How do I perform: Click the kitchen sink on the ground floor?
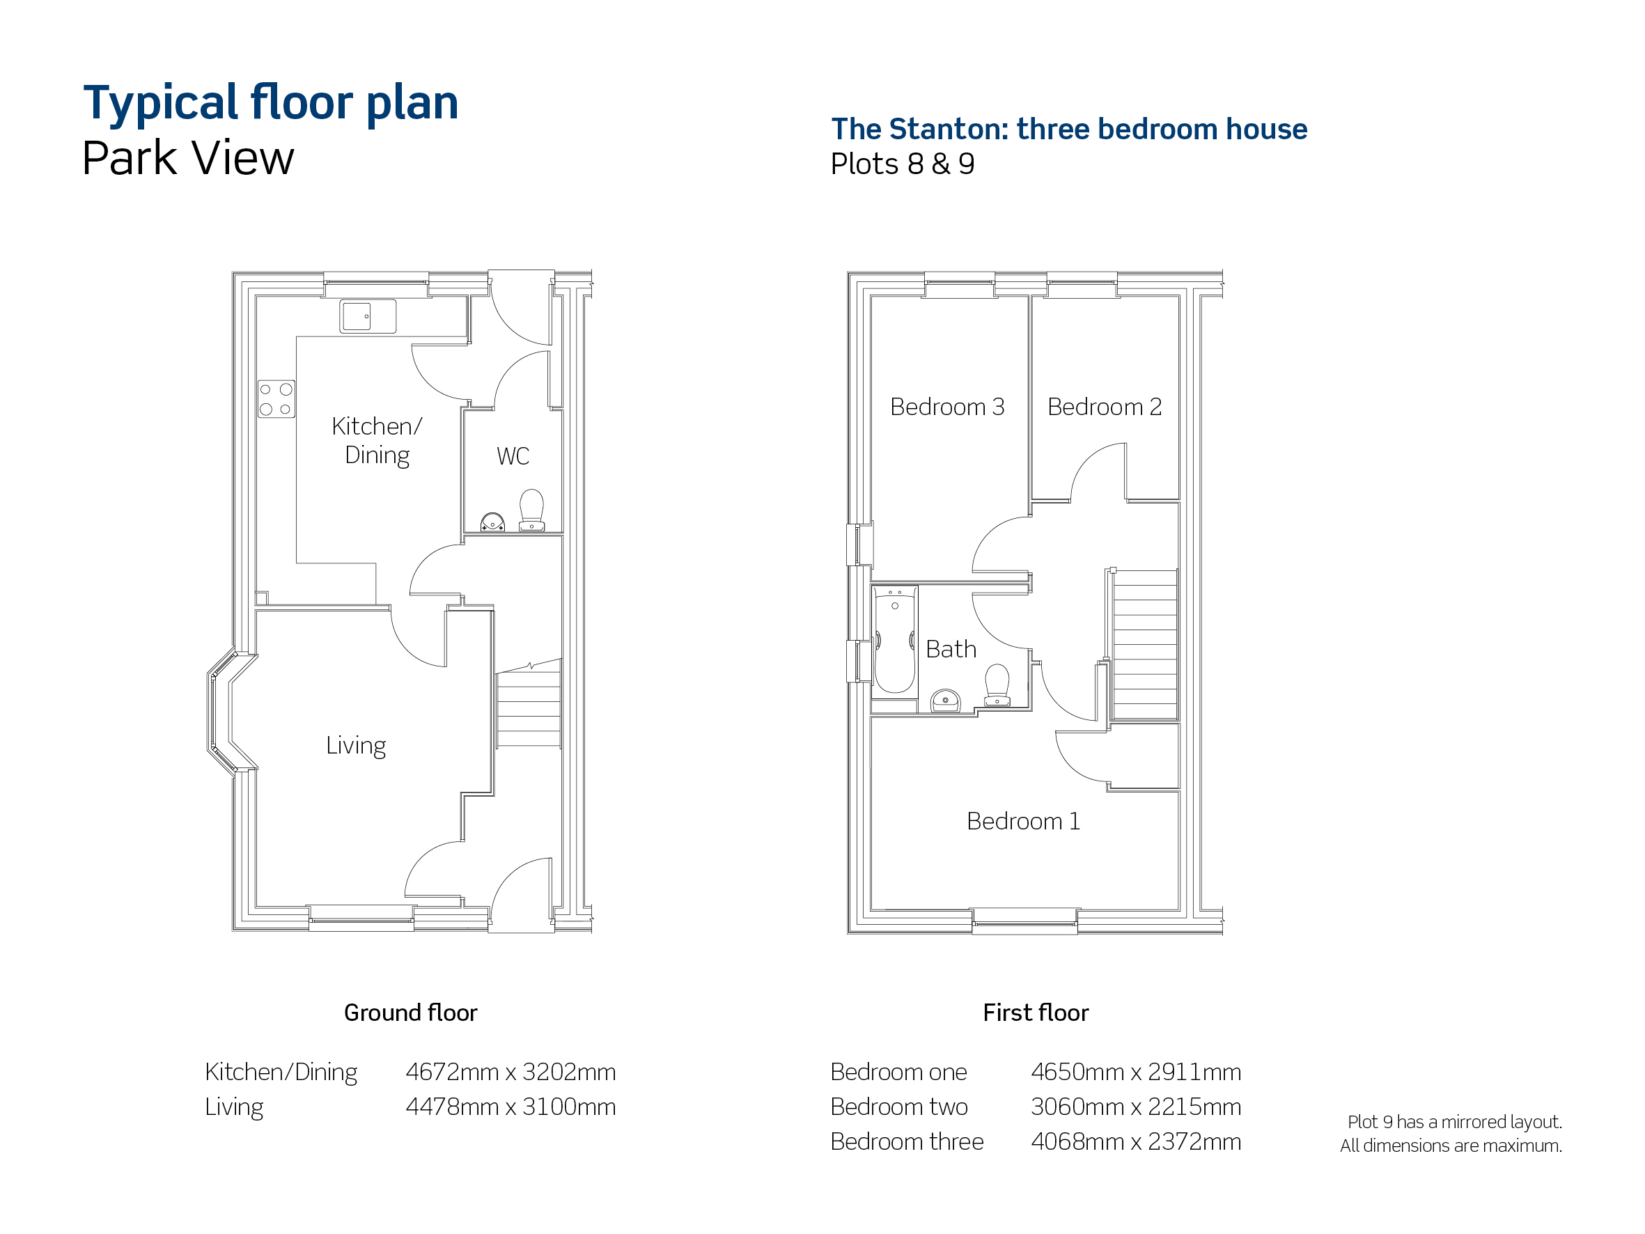(x=367, y=316)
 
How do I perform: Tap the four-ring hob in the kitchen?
(x=276, y=399)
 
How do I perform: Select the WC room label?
(x=513, y=456)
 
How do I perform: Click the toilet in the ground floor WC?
(x=531, y=510)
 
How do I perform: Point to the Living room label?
(x=355, y=745)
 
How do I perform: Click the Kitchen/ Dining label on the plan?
(x=377, y=441)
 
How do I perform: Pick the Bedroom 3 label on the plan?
(x=946, y=407)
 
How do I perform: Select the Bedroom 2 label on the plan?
(x=1105, y=407)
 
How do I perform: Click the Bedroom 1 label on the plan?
(x=1023, y=821)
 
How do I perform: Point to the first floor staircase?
(x=1144, y=644)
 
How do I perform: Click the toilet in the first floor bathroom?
(x=997, y=685)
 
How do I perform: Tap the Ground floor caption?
(x=410, y=1013)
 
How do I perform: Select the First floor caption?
(x=1036, y=1013)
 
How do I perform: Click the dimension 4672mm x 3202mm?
(x=511, y=1072)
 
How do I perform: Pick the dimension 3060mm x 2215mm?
(x=1137, y=1107)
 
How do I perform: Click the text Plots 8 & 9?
(x=903, y=164)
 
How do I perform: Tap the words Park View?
(x=188, y=159)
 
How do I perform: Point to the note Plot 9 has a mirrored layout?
(x=1455, y=1123)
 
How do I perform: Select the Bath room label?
(x=951, y=649)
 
